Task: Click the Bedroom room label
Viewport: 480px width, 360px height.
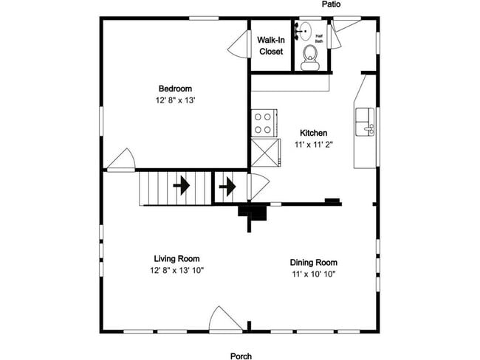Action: click(176, 89)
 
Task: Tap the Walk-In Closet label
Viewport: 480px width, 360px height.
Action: click(271, 46)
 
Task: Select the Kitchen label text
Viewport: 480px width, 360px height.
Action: click(314, 133)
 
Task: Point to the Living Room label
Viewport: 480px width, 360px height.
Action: click(176, 259)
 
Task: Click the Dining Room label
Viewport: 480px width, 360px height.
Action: click(314, 262)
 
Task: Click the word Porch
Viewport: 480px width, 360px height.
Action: click(241, 356)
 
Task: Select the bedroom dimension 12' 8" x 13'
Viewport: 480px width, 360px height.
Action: click(176, 100)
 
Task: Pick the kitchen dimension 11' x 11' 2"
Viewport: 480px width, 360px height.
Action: click(314, 145)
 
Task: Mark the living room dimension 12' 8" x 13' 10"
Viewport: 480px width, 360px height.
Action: click(176, 271)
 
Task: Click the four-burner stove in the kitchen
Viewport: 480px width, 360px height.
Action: click(264, 122)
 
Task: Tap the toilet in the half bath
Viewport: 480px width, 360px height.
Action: click(310, 55)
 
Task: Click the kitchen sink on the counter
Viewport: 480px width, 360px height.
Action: click(365, 122)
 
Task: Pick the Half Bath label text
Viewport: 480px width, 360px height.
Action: click(320, 38)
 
